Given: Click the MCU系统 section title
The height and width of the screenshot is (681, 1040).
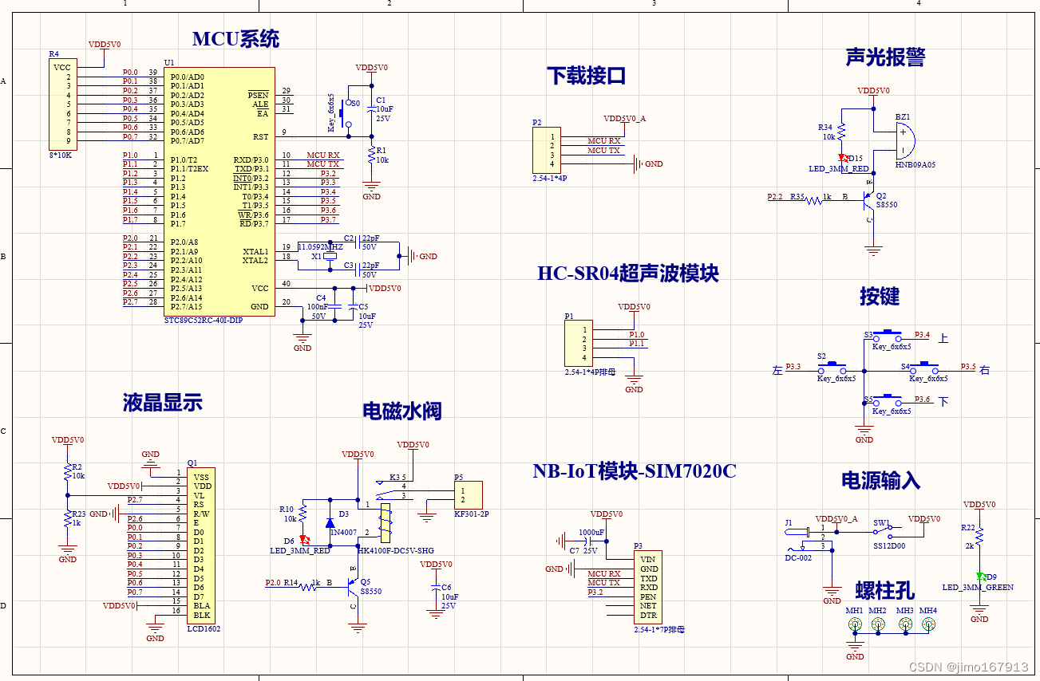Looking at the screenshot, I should [235, 38].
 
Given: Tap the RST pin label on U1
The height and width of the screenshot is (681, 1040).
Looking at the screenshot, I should [260, 137].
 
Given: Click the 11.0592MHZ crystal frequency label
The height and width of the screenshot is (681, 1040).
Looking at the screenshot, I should [320, 247].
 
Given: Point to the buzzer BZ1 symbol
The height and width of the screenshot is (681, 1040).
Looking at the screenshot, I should [903, 142].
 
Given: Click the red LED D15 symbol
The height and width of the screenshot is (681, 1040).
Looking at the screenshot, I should [842, 159].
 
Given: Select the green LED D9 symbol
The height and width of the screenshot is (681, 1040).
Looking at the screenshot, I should [979, 577].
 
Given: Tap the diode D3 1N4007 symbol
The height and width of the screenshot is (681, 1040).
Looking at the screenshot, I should [330, 523].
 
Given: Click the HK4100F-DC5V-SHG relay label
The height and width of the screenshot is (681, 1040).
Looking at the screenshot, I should [396, 550].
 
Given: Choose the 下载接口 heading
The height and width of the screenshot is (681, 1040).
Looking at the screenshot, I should [586, 76].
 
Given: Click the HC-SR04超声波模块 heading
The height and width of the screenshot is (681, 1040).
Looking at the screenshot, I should [628, 274].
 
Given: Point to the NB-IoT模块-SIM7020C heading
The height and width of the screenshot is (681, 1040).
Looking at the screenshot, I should [635, 471].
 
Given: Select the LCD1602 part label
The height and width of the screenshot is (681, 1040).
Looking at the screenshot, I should [204, 628].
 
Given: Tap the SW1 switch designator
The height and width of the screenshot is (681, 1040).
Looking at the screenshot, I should [881, 523].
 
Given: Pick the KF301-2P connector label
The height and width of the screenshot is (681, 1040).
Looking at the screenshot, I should [471, 514].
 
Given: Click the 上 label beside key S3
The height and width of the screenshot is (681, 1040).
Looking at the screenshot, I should [943, 338].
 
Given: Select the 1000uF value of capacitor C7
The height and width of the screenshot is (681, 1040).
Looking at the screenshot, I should [591, 532].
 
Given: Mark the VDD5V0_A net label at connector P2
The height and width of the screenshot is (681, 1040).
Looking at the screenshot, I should [624, 118].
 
